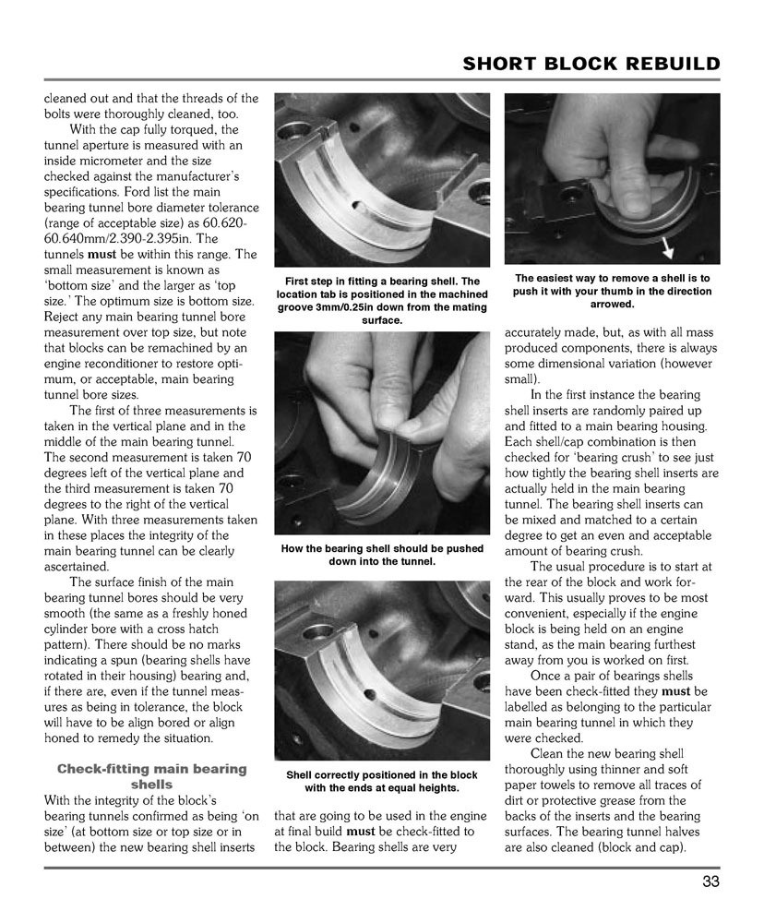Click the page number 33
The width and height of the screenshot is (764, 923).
pos(710,881)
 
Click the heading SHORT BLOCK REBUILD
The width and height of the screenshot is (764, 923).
pos(591,64)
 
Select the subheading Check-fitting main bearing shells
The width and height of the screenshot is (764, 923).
pos(152,776)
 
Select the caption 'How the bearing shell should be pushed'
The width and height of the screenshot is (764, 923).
pos(382,555)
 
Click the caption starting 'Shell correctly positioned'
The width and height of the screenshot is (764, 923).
pos(382,782)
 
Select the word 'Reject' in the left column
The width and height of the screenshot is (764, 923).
pos(65,318)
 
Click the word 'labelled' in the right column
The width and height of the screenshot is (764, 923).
pos(534,707)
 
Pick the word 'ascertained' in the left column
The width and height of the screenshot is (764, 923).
pos(81,566)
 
